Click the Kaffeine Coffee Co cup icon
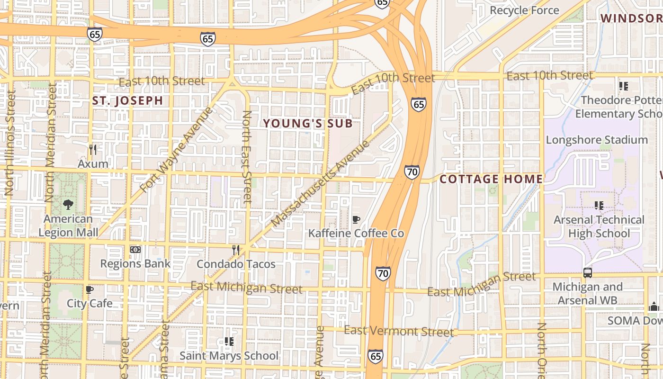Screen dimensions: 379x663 [356, 219]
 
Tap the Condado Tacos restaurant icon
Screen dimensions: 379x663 [235, 250]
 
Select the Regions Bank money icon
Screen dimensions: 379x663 [135, 249]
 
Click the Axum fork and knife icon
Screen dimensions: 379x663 [93, 150]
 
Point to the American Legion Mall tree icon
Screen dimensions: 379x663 [68, 205]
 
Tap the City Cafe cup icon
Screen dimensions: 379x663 [90, 289]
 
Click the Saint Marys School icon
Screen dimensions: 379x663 [229, 341]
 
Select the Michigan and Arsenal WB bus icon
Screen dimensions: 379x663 [587, 272]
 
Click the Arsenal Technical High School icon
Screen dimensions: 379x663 [599, 206]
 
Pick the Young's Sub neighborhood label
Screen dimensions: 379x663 [308, 124]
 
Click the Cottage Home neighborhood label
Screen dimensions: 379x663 [491, 179]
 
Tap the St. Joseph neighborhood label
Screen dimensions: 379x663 [127, 100]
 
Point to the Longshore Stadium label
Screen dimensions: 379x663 [597, 140]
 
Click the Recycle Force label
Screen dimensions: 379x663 [524, 10]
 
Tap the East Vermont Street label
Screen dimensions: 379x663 [399, 331]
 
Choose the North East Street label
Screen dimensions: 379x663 [247, 156]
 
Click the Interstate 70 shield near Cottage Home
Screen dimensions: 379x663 [412, 172]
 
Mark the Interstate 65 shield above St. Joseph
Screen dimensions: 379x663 [95, 34]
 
